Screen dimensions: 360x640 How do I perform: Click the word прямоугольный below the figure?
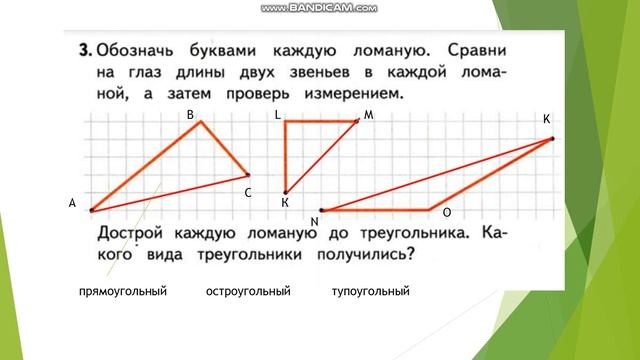point(122,291)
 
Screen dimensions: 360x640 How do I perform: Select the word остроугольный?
point(247,291)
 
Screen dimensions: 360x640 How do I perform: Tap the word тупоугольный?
point(371,291)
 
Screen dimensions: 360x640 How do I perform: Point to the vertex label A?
point(72,203)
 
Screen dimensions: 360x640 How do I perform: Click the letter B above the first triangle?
point(191,115)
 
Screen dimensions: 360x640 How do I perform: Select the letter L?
point(277,115)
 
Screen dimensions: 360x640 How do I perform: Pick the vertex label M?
point(368,115)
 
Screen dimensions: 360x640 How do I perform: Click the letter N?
point(314,221)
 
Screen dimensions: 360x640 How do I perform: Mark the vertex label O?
point(446,213)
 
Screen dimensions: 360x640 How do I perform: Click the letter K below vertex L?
point(285,203)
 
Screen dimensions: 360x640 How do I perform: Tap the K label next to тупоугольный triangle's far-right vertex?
point(547,119)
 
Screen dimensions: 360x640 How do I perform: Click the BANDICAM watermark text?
point(319,8)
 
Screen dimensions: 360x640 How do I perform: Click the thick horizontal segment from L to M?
point(321,122)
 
